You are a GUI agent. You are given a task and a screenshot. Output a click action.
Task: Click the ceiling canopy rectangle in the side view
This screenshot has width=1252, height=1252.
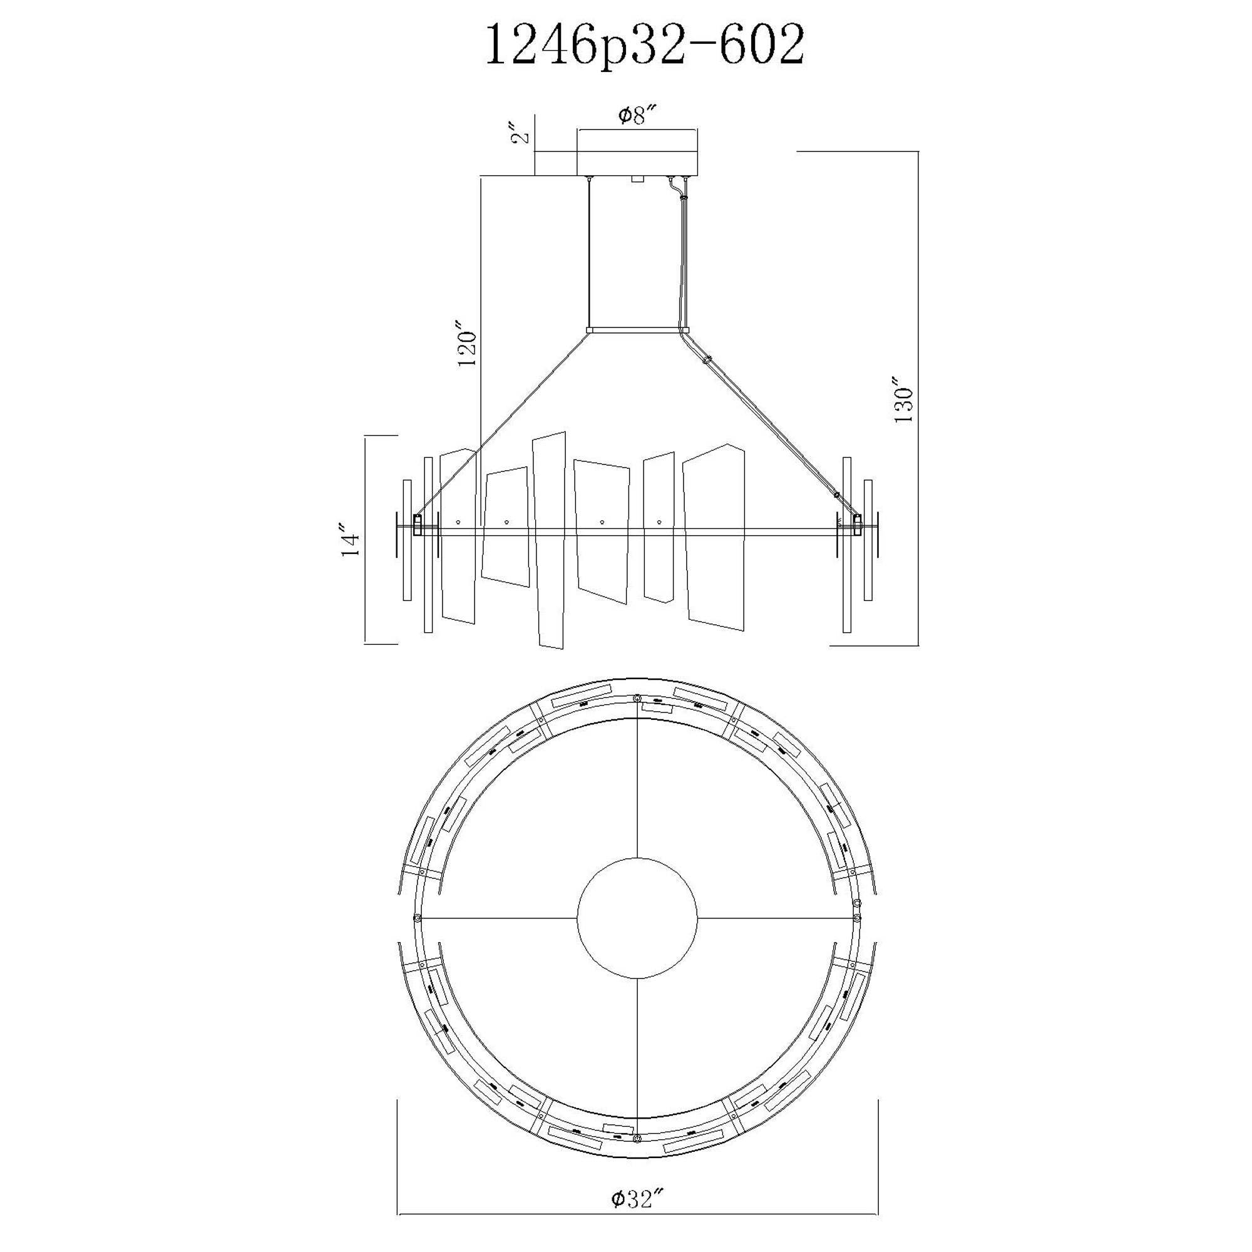(x=638, y=152)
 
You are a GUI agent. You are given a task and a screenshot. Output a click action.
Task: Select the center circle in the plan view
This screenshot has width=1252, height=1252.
(x=637, y=918)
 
